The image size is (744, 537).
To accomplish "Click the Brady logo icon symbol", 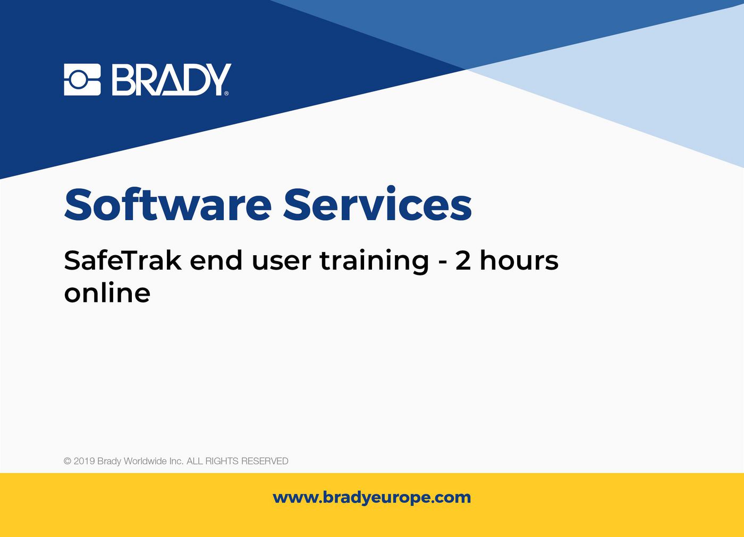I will (82, 80).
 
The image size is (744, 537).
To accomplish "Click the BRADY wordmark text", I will (170, 80).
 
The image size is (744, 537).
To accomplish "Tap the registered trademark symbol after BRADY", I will (227, 94).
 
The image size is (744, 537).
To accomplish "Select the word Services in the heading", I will (377, 205).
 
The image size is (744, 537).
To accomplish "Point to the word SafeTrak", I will (123, 261).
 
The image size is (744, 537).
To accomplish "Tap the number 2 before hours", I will (463, 261).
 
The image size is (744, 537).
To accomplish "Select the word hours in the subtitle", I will (519, 261).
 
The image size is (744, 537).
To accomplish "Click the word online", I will (107, 293).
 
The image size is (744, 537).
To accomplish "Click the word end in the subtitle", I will (216, 261).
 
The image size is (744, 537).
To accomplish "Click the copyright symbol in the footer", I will (67, 461).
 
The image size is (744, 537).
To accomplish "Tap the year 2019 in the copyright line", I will (84, 461).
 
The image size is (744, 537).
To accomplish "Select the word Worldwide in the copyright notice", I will (145, 461).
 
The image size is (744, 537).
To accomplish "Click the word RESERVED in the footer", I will (264, 461).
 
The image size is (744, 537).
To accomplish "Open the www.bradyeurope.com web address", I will (372, 498).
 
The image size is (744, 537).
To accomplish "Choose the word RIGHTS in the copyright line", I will (222, 461).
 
